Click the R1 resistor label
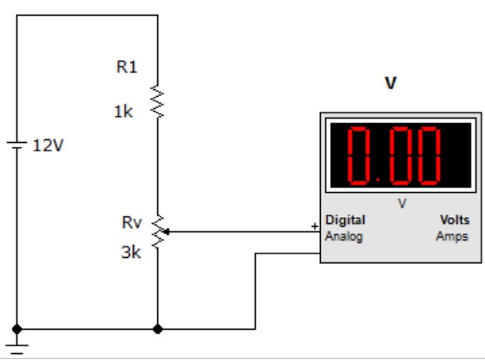[x=126, y=67]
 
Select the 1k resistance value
[x=124, y=112]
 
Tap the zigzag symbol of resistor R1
[x=157, y=102]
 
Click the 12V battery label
[x=48, y=145]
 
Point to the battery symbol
[x=16, y=145]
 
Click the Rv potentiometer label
[x=131, y=222]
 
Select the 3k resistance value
[x=131, y=253]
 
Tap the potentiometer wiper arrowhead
[x=166, y=232]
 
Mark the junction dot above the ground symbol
[x=16, y=329]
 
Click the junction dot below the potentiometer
[x=157, y=329]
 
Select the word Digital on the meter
[x=345, y=221]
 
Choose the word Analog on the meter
[x=343, y=236]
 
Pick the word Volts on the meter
[x=455, y=220]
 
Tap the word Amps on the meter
[x=452, y=236]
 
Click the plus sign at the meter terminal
[x=315, y=227]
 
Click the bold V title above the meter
[x=391, y=83]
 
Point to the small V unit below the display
[x=401, y=203]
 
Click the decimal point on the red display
[x=378, y=179]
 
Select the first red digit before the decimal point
[x=359, y=156]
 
